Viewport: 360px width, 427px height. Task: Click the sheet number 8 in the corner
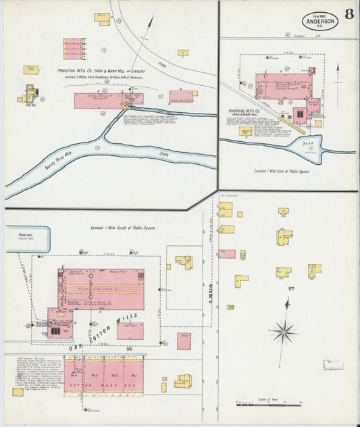[349, 15]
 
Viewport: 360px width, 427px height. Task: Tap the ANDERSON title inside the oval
[320, 21]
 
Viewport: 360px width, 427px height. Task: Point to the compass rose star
[284, 331]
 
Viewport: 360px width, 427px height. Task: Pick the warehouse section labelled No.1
[134, 375]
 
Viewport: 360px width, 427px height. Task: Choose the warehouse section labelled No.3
[94, 375]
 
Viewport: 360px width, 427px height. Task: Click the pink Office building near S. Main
[184, 341]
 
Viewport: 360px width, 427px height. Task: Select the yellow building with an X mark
[314, 271]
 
